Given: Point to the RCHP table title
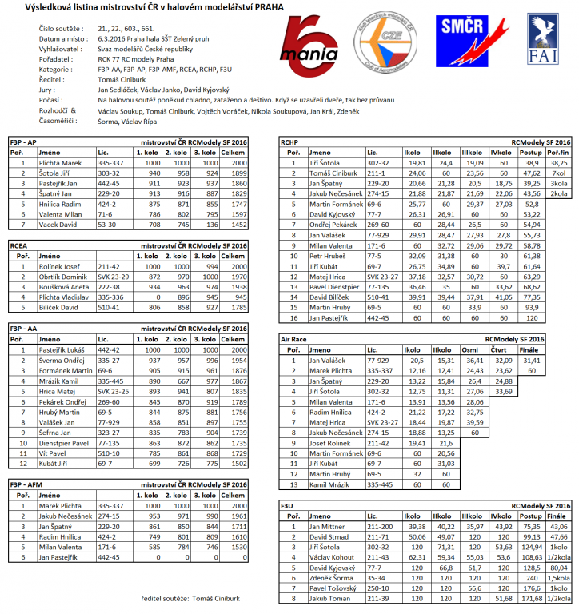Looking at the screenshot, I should [289, 142].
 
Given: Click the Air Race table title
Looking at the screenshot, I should [293, 339].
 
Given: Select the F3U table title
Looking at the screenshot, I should [287, 506].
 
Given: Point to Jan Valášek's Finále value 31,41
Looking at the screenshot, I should [530, 361].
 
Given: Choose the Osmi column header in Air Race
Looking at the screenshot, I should [473, 349].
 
